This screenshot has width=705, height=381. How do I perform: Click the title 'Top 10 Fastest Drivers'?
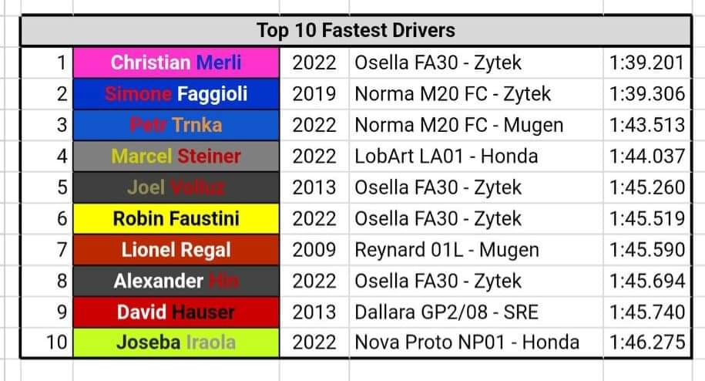pos(355,31)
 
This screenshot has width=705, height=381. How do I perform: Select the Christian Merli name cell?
pos(176,62)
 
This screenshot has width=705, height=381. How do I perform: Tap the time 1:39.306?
pos(646,93)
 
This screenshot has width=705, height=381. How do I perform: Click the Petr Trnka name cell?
pos(176,125)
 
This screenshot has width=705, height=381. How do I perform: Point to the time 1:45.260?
pos(646,187)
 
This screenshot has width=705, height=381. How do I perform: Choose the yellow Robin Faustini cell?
pos(176,218)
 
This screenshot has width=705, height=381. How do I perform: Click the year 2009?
pos(314,250)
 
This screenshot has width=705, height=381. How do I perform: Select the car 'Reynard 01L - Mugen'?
pos(447,250)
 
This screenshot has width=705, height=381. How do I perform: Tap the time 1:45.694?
pos(646,281)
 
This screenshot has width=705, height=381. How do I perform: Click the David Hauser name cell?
pos(176,312)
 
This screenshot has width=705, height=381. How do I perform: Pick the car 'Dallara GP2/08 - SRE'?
pos(447,312)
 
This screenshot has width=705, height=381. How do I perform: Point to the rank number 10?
pos(55,342)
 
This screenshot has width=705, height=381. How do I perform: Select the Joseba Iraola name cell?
pos(176,342)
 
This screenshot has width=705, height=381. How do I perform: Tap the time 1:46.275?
pos(646,342)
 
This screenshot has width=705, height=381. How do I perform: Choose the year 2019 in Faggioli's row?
pos(314,93)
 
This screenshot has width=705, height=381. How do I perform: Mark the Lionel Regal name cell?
pos(176,250)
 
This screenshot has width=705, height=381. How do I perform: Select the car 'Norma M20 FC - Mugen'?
pos(458,125)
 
